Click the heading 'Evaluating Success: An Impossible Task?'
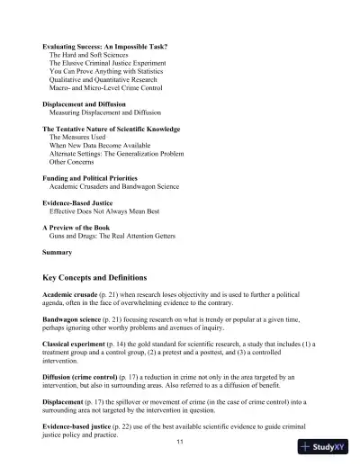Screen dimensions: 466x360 [x=104, y=46]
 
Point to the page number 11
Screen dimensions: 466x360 [x=180, y=442]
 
